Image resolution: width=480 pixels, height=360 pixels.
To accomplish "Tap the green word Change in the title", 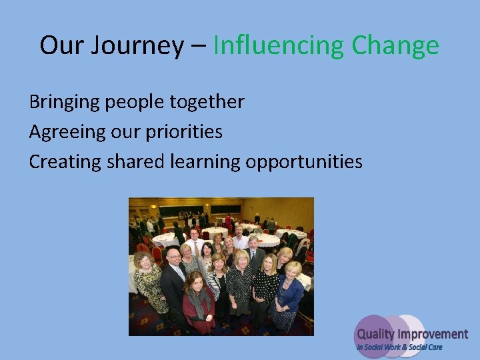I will [395, 46].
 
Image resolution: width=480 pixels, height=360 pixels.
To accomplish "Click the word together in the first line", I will [207, 102].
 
